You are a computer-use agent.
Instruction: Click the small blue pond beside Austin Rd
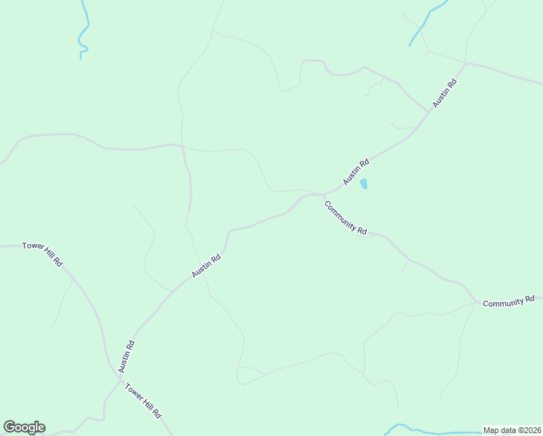click(x=364, y=184)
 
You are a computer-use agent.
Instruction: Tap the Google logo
click(x=24, y=427)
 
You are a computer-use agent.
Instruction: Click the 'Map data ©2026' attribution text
click(x=513, y=430)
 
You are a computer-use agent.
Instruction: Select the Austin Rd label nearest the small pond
click(x=356, y=171)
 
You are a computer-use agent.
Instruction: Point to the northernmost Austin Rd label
click(x=444, y=93)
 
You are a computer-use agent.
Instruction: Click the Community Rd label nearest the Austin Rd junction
click(x=346, y=217)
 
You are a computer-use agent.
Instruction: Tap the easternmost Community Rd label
click(x=508, y=301)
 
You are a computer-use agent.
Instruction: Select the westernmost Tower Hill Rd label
click(x=43, y=252)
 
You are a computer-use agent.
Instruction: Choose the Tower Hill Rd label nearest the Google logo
click(x=143, y=400)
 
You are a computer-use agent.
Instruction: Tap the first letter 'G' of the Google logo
click(x=9, y=427)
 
